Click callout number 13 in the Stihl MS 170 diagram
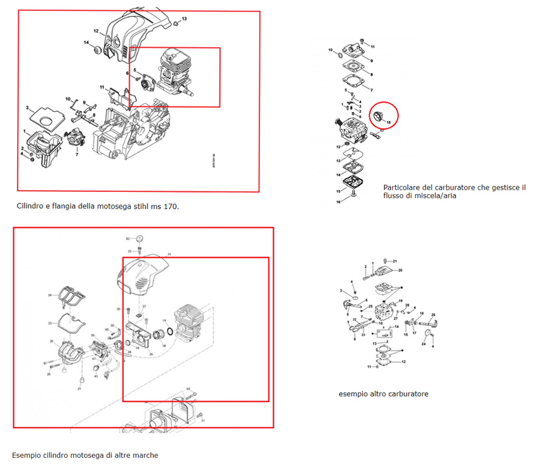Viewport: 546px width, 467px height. click(185, 19)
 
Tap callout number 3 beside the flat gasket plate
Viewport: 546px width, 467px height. click(28, 108)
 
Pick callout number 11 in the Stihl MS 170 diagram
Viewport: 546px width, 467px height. click(103, 87)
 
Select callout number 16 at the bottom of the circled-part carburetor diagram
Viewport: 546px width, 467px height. click(339, 202)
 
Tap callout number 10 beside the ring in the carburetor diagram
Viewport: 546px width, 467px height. click(331, 51)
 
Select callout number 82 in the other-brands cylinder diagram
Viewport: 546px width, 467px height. click(128, 238)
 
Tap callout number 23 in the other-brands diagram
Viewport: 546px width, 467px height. click(51, 324)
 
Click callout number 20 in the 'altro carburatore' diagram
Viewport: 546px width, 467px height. click(400, 270)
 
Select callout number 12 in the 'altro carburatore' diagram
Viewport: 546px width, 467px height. click(404, 362)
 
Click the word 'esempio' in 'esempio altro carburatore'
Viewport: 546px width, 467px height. click(353, 394)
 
